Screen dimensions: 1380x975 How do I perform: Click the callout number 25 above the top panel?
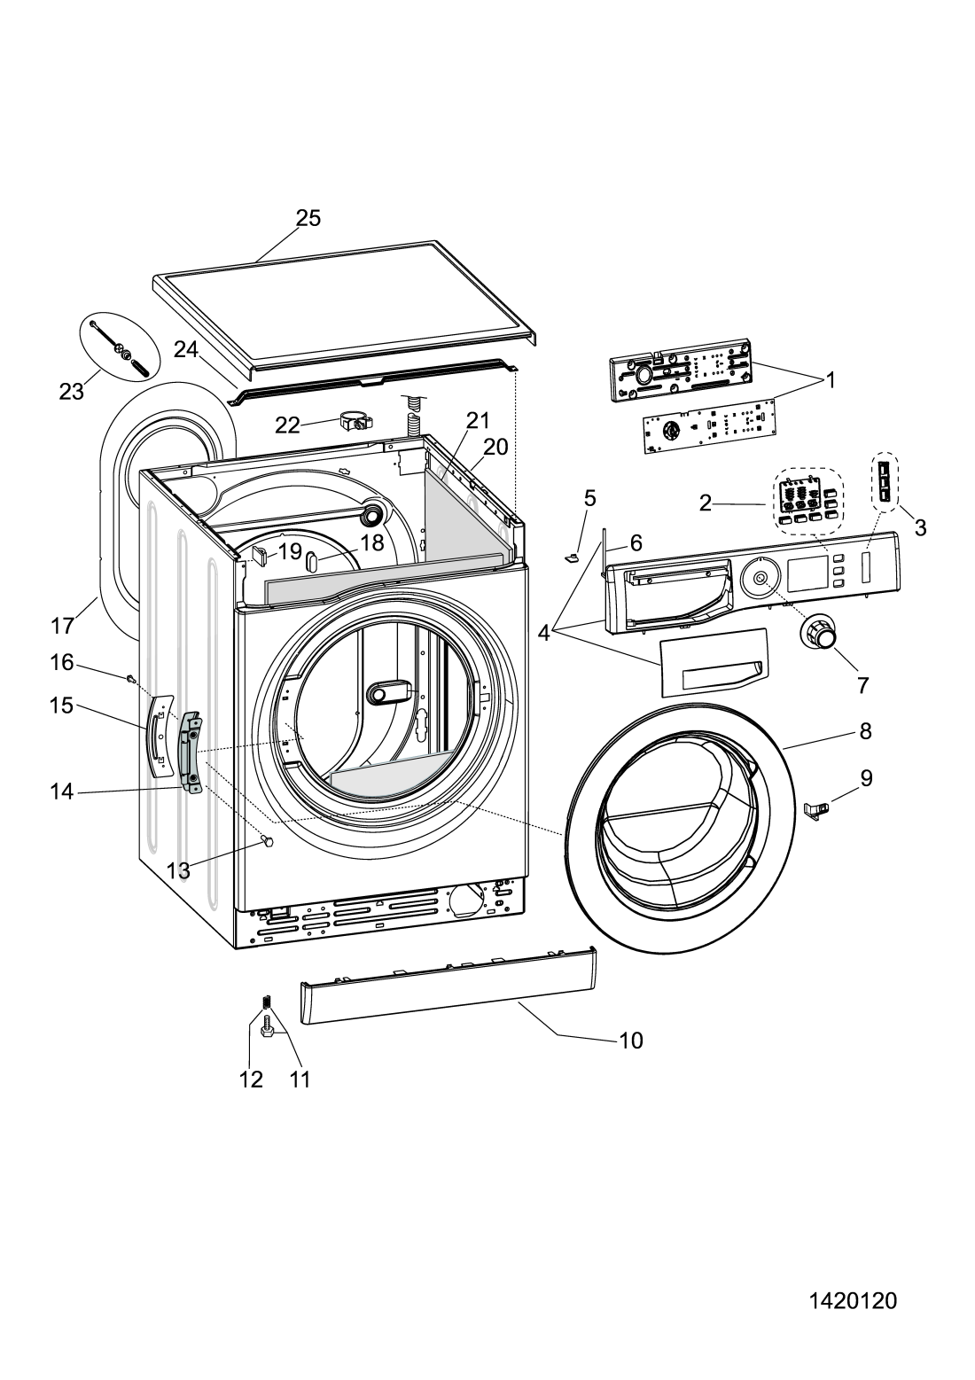[308, 218]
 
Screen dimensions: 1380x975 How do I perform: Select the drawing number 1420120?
[853, 1301]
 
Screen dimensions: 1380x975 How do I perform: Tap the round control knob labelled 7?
[820, 635]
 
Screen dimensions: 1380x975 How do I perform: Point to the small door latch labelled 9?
[818, 807]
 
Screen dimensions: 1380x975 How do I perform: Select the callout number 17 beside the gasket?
[62, 626]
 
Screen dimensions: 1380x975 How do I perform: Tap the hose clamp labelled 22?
[352, 421]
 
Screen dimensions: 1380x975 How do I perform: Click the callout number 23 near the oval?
[71, 391]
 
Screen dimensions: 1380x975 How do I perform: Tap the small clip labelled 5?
[571, 557]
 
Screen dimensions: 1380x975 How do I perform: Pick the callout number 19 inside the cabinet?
[290, 551]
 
